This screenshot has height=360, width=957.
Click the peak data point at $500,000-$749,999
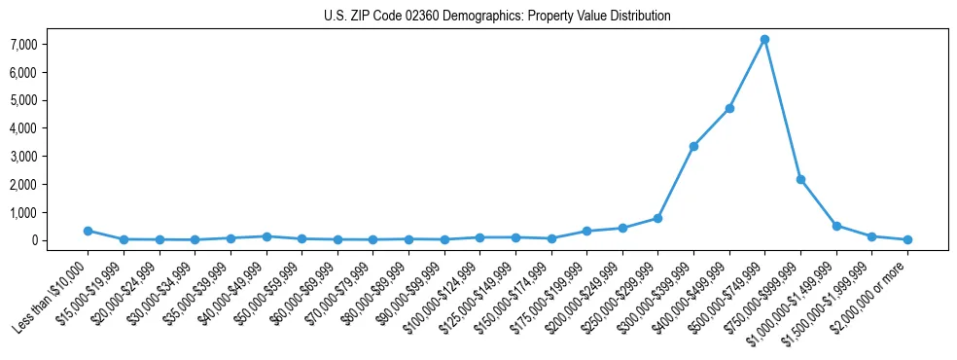[x=764, y=39]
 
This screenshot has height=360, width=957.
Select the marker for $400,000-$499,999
[x=729, y=108]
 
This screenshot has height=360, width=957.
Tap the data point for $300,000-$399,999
[x=693, y=146]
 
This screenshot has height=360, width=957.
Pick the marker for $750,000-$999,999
[x=800, y=179]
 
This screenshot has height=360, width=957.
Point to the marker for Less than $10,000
[x=88, y=231]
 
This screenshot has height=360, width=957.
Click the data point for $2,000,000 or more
[x=907, y=239]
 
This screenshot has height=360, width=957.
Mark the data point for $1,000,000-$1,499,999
[x=836, y=226]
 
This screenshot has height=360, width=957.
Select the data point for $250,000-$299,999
[x=658, y=218]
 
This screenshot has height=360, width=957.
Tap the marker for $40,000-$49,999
[x=266, y=236]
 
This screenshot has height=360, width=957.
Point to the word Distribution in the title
[x=638, y=17]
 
